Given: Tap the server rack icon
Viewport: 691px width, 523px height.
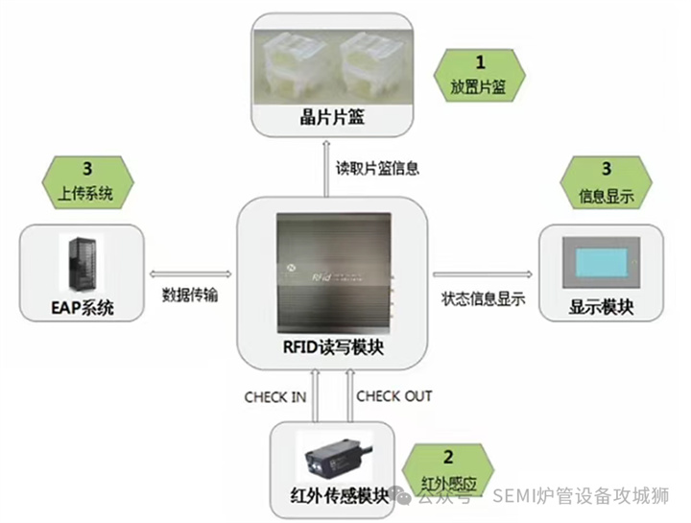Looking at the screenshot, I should [x=83, y=262].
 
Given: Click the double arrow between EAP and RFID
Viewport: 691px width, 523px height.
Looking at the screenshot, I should [x=189, y=275].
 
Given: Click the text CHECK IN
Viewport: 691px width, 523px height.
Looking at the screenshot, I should [x=275, y=396].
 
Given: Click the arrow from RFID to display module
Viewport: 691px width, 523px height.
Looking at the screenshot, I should [x=481, y=275].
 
